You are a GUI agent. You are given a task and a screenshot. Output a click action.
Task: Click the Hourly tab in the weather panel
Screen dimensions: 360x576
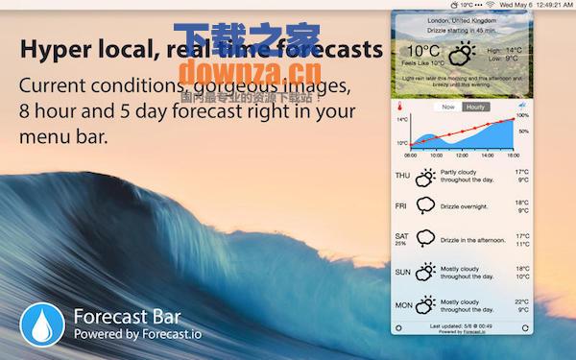tap(475, 107)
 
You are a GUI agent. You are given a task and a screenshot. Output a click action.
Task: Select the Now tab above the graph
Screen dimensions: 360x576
tap(447, 107)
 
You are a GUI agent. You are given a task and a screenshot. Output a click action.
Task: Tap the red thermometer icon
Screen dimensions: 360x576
tap(401, 108)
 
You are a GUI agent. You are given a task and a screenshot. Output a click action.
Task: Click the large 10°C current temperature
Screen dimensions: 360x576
tap(422, 50)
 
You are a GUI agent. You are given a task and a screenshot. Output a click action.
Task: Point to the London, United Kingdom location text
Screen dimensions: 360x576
tap(462, 20)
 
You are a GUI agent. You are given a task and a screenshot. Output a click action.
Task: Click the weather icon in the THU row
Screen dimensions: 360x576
tap(424, 177)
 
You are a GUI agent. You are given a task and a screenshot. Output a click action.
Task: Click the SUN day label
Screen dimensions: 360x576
tap(401, 272)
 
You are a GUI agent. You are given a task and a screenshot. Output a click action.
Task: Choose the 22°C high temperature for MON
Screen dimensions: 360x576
tap(521, 300)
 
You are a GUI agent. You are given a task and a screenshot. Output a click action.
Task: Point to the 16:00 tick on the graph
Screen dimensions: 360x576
tap(514, 154)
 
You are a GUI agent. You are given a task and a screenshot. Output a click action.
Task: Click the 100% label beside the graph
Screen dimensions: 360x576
tap(523, 116)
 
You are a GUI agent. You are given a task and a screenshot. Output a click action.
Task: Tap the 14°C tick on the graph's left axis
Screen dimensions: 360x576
tap(402, 120)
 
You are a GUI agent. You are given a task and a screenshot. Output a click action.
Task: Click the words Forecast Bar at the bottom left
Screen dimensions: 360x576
tap(127, 316)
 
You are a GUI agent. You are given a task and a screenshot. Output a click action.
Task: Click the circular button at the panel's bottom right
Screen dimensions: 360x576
tap(525, 327)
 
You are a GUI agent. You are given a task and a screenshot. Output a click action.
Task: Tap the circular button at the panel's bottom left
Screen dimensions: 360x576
tap(398, 327)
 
